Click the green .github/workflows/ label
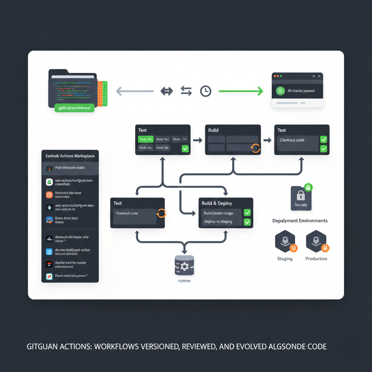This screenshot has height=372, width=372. pos(74,108)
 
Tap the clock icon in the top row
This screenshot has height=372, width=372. pos(206,91)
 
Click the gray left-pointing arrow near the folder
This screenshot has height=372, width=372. pos(134,91)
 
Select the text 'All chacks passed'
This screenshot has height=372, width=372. pos(301,91)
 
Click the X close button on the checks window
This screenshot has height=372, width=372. pos(319,76)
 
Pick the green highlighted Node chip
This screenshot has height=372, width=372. pos(145,139)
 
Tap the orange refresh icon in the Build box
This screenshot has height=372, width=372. pos(256,147)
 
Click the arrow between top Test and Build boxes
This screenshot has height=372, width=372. pos(198,140)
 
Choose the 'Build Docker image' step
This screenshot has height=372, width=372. pos(218,213)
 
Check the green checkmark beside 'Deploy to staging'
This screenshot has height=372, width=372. pos(247,222)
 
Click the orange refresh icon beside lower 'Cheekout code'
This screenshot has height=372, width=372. pos(161,213)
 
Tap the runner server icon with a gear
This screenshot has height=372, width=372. pos(185,265)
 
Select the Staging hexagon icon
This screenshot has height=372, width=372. pos(285,241)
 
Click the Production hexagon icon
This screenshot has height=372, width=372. pos(316,241)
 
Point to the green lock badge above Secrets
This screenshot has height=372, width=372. pos(308,187)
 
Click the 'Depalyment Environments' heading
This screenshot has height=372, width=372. pos(300,221)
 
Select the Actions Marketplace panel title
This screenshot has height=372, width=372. pos(70,156)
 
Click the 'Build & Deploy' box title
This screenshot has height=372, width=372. pos(217,203)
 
